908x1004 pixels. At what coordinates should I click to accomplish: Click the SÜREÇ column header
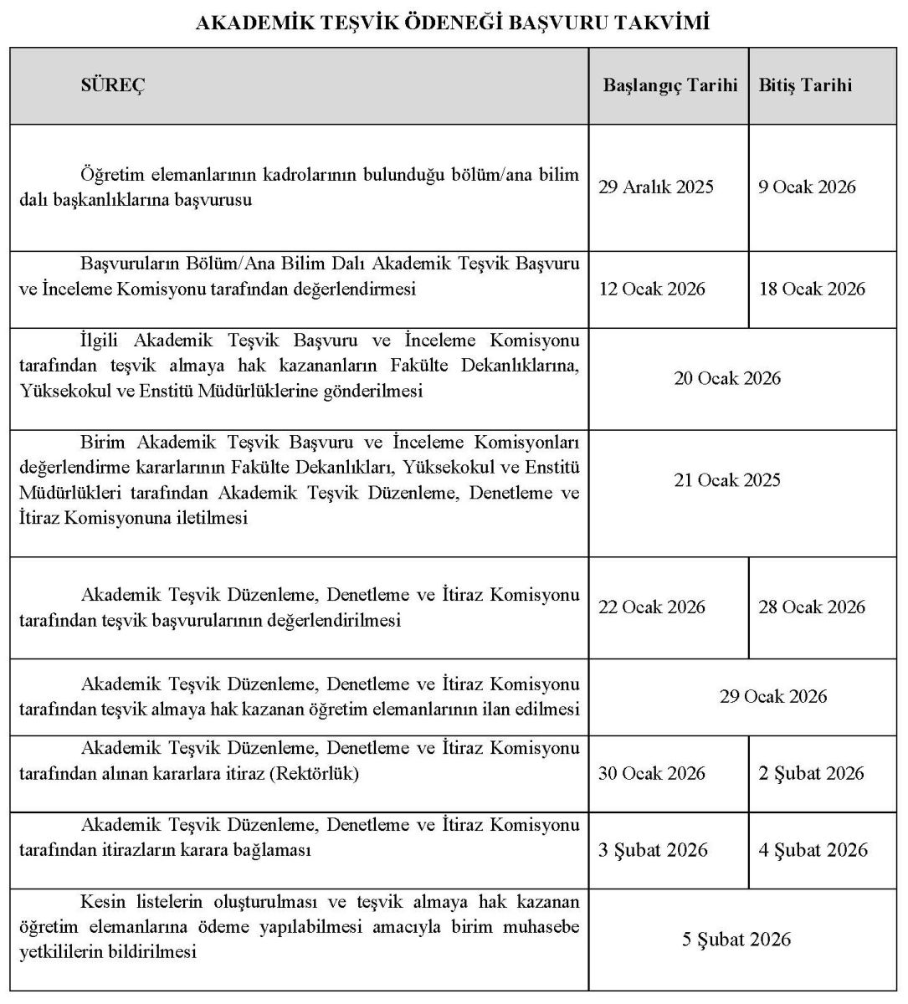(x=112, y=85)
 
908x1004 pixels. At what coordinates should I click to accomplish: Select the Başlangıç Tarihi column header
(x=670, y=85)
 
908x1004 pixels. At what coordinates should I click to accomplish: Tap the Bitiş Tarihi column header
(x=805, y=85)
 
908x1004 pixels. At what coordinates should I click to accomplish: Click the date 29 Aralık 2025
(x=656, y=187)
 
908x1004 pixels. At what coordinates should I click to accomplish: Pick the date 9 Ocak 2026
(x=808, y=187)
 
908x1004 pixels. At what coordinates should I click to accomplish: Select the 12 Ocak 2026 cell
(x=652, y=289)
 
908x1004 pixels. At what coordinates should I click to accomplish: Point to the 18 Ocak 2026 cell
(x=812, y=289)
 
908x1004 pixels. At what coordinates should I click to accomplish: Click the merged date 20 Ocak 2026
(x=727, y=378)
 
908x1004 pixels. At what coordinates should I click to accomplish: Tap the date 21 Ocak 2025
(x=727, y=480)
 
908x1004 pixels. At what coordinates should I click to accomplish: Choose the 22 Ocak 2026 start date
(x=652, y=607)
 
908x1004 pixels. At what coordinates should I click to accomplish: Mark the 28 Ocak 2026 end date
(x=812, y=607)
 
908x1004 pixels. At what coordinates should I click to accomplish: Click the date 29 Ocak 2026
(x=773, y=696)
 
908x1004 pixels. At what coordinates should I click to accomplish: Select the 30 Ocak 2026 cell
(x=652, y=773)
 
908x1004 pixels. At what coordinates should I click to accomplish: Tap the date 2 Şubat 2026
(x=811, y=773)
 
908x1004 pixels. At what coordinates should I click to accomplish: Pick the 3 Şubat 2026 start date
(x=653, y=850)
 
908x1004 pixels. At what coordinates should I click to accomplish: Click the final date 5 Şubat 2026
(x=736, y=940)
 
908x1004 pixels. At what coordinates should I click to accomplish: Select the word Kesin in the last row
(x=103, y=902)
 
